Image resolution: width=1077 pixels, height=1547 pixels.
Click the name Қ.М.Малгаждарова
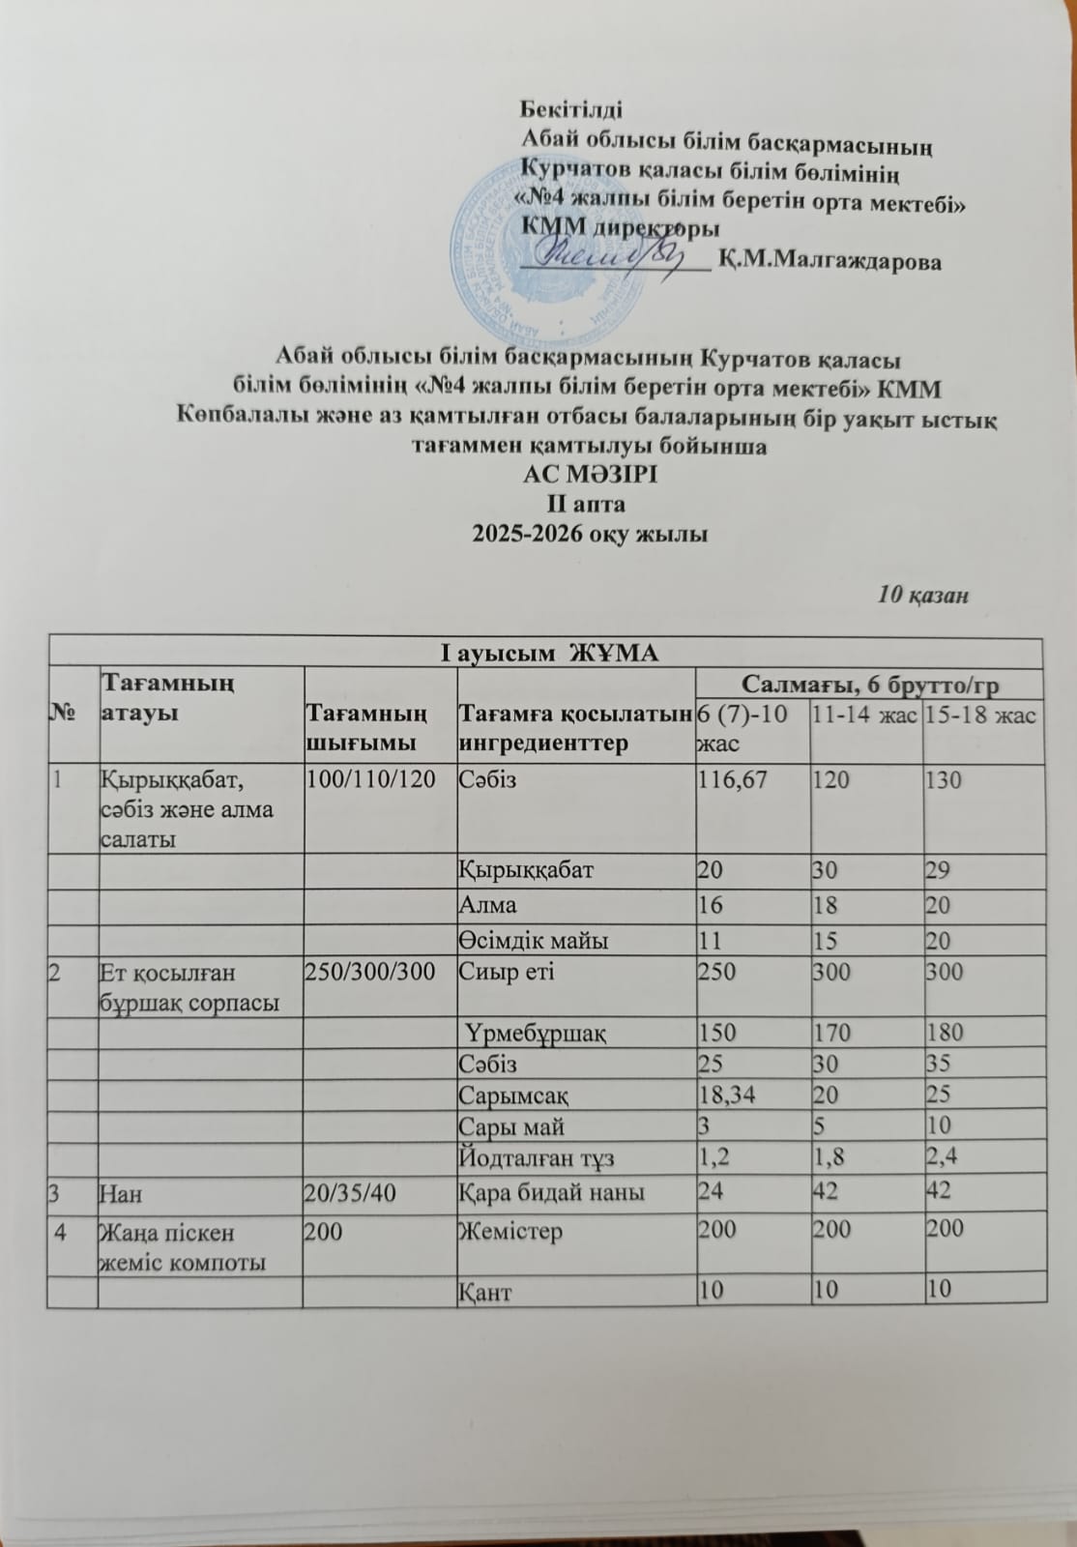coord(830,261)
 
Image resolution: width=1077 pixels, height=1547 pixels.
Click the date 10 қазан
coord(922,595)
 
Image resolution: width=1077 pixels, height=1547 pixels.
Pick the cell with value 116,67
coord(732,780)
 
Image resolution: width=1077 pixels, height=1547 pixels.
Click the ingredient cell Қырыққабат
coord(526,870)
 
